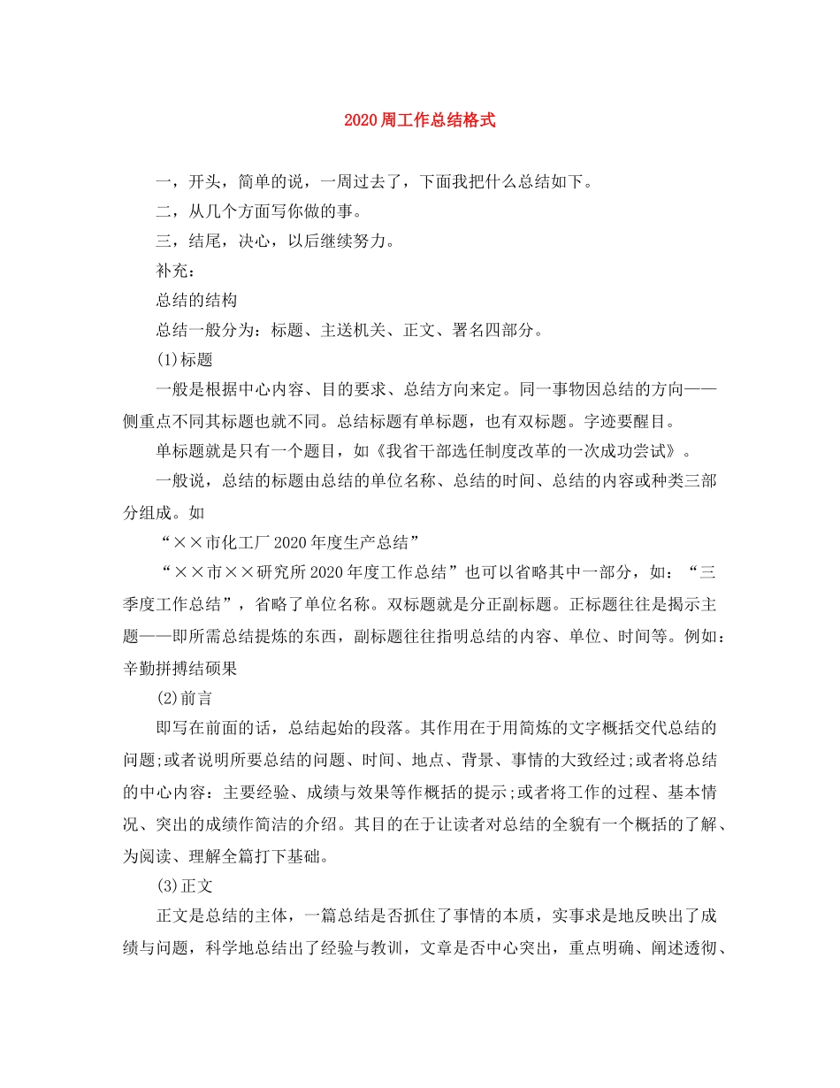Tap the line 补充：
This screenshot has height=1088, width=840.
(x=176, y=272)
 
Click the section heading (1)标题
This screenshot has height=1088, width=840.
(x=184, y=360)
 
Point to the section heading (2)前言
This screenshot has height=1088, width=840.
(x=184, y=698)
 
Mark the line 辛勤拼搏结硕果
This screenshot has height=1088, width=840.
(x=180, y=669)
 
